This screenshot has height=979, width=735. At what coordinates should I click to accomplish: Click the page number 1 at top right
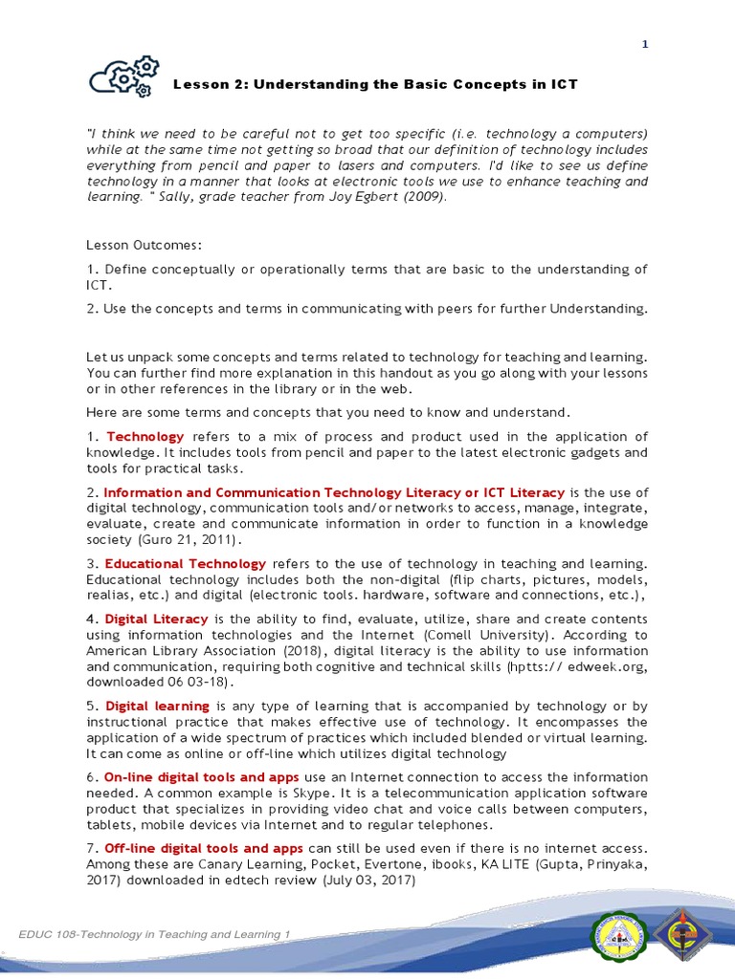[645, 43]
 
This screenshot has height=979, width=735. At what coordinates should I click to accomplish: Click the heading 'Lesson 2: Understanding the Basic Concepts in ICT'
[375, 84]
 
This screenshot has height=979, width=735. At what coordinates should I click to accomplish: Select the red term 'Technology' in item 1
[145, 436]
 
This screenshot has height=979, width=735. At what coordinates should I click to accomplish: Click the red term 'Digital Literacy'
[156, 619]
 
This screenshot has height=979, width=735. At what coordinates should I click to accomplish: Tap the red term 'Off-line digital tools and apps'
[203, 848]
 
